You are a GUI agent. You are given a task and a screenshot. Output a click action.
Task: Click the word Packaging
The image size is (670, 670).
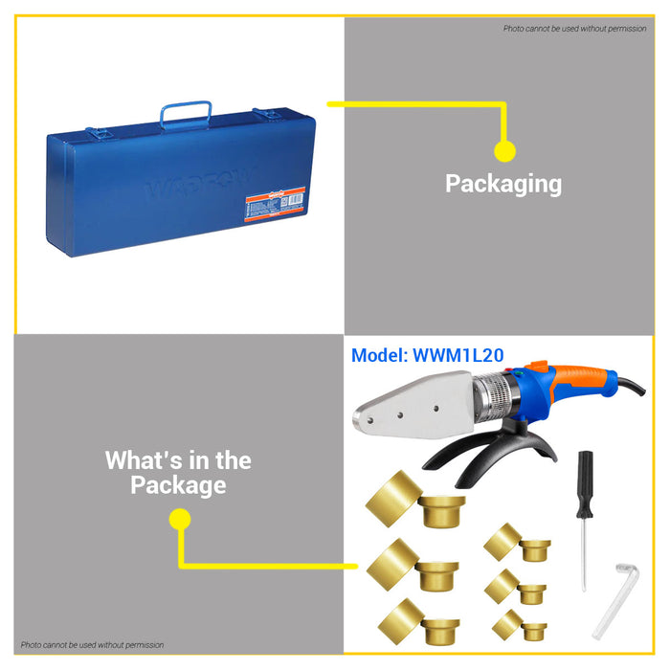(x=503, y=183)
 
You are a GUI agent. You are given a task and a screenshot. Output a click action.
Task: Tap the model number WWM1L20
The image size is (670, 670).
(x=458, y=355)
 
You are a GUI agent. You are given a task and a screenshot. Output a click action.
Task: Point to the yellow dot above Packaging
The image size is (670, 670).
(x=504, y=150)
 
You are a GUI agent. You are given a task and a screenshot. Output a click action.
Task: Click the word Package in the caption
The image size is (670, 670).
(x=179, y=485)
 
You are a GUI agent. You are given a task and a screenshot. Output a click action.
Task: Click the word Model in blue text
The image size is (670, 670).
(x=378, y=355)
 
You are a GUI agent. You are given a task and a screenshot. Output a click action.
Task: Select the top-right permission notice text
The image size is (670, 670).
(x=574, y=29)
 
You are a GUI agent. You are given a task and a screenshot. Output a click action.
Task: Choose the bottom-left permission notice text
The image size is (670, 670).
(x=93, y=644)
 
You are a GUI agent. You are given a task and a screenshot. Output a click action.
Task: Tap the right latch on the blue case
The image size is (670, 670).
(x=272, y=114)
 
